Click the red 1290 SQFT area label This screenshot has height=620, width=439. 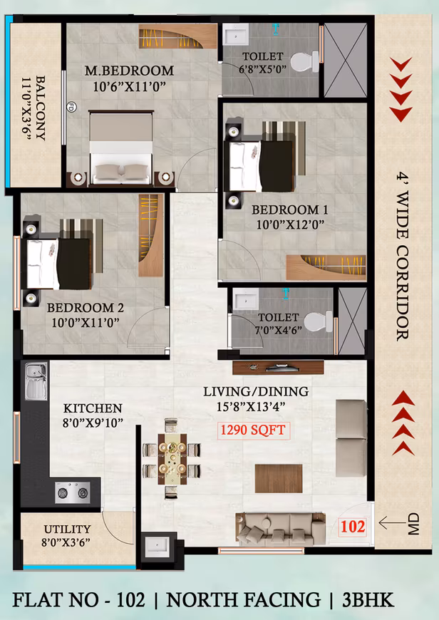click(253, 430)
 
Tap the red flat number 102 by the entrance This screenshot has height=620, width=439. click(353, 527)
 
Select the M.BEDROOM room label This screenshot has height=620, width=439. click(129, 71)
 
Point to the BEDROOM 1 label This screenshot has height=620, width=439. click(290, 210)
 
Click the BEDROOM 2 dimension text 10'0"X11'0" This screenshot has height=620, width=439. click(86, 323)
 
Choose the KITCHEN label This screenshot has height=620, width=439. click(93, 408)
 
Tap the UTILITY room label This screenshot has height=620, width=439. click(67, 529)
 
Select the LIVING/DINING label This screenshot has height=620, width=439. click(256, 391)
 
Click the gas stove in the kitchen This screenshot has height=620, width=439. click(73, 492)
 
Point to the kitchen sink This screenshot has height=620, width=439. click(36, 381)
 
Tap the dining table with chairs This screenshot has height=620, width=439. click(172, 459)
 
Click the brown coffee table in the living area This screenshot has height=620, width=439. click(279, 478)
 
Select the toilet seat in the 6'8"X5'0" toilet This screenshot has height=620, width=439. click(305, 62)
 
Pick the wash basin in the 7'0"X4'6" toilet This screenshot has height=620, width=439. click(246, 299)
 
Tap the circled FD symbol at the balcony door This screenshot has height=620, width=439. click(71, 107)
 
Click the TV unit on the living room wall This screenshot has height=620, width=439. click(278, 367)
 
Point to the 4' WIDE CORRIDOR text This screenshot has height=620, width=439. click(402, 257)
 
